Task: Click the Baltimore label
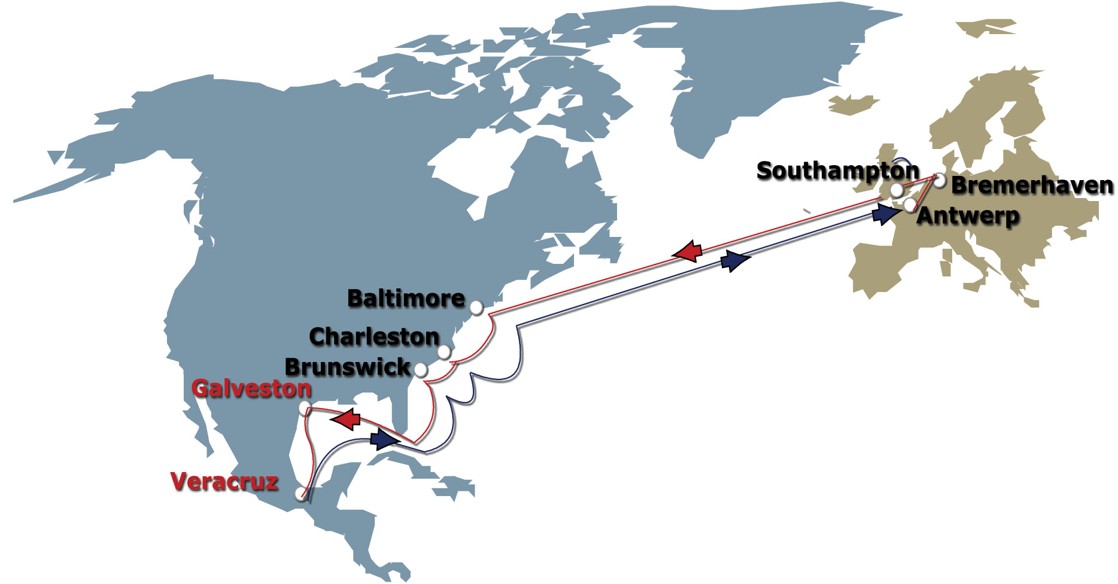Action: click(406, 299)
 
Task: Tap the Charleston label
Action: click(375, 337)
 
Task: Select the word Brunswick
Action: click(348, 367)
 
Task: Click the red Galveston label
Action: click(251, 389)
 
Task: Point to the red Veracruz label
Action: click(224, 482)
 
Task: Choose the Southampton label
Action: click(838, 171)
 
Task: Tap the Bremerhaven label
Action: click(1032, 185)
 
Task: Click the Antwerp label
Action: click(968, 216)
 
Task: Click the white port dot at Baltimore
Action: click(476, 308)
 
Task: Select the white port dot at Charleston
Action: click(443, 352)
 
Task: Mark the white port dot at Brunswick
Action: click(421, 370)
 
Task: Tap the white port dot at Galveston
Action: click(305, 409)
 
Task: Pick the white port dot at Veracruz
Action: click(300, 494)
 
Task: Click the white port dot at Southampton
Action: click(897, 190)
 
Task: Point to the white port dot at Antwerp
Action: click(910, 205)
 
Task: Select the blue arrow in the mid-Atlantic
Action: click(735, 261)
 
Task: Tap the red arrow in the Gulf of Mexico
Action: click(346, 419)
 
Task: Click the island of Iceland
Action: click(853, 105)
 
